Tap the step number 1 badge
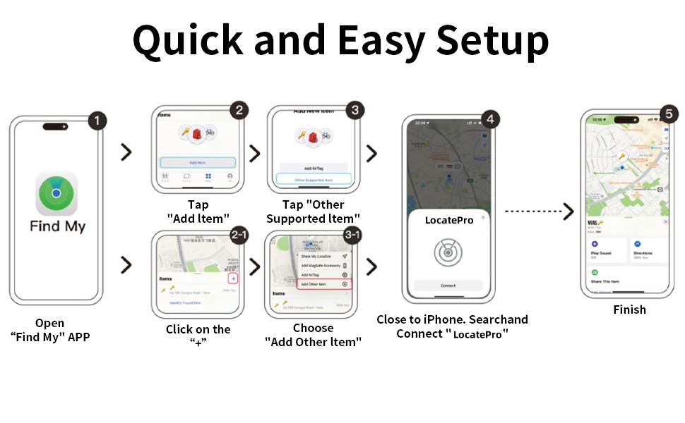click(97, 121)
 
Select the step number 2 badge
click(239, 110)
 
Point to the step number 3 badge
click(355, 110)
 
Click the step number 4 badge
click(489, 119)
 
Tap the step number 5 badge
click(669, 114)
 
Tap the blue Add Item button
click(198, 162)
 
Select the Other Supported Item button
click(314, 180)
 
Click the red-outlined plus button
click(233, 279)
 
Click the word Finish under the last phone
click(629, 309)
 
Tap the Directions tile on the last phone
click(648, 251)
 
